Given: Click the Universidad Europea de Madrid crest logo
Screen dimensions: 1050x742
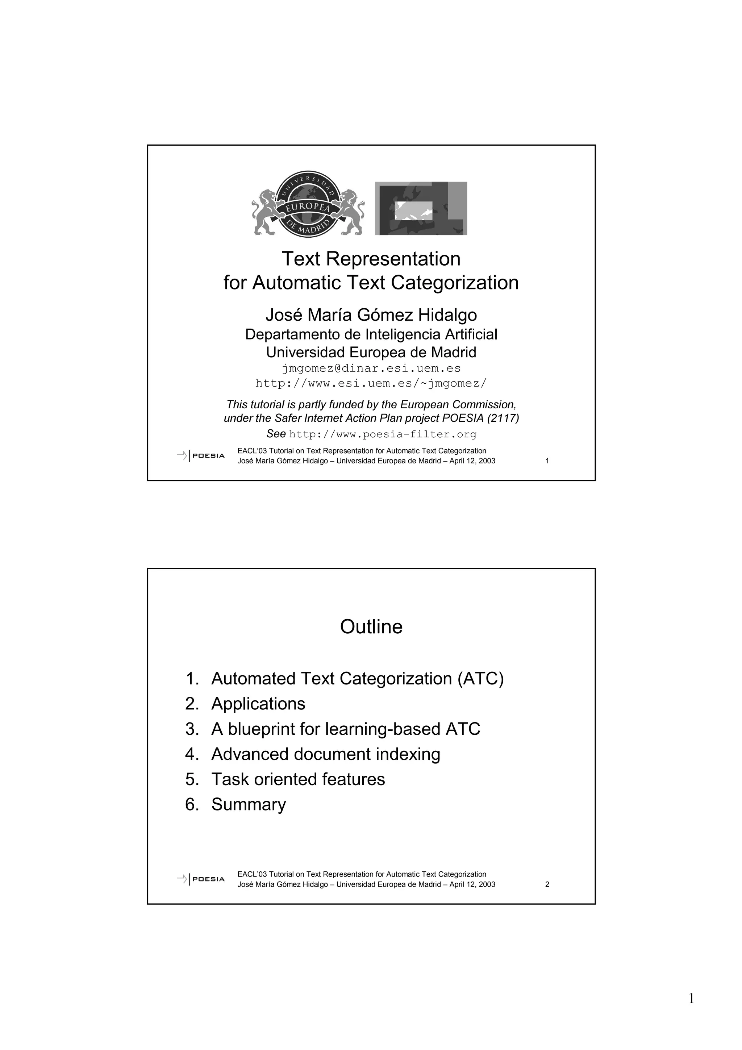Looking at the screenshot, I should [x=308, y=204].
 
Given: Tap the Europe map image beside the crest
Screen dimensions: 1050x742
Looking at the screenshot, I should [x=421, y=209].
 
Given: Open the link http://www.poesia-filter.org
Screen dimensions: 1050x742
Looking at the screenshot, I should [x=383, y=434].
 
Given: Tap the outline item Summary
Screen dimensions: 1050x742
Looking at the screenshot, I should [x=248, y=804].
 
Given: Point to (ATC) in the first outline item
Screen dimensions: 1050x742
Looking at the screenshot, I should [x=480, y=678].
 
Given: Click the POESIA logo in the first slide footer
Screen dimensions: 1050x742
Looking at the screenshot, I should [x=201, y=455].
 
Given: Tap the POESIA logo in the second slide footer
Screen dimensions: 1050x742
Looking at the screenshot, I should [x=201, y=879].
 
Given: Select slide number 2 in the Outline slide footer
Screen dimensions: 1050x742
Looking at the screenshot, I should [x=547, y=884].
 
